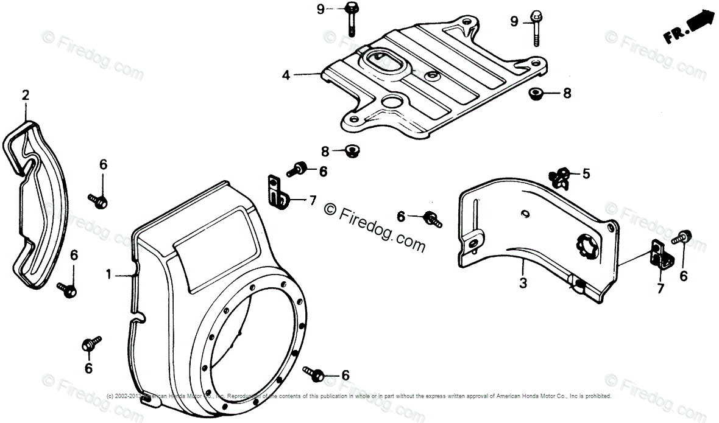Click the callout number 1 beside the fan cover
[x=109, y=275]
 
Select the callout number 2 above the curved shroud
[x=25, y=95]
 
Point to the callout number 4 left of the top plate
[x=286, y=75]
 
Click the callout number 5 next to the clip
[x=586, y=174]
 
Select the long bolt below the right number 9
[x=536, y=29]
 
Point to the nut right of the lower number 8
[x=351, y=150]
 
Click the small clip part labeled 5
[x=559, y=177]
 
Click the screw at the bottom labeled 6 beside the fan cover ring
[x=317, y=374]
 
